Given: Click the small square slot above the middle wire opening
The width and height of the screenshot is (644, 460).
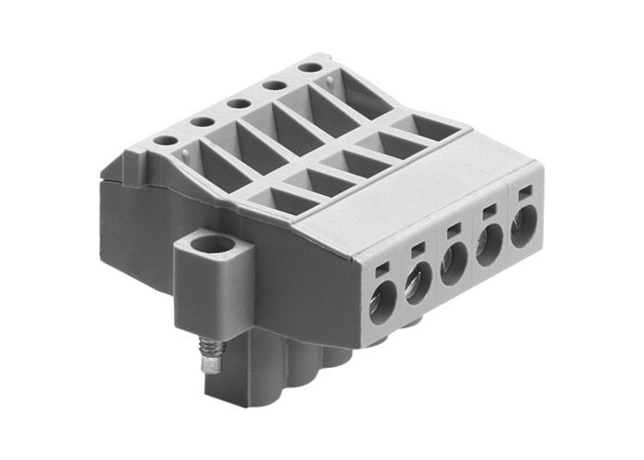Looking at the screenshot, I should [x=453, y=230].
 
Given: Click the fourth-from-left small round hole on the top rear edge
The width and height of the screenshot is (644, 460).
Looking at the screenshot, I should [x=272, y=85].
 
